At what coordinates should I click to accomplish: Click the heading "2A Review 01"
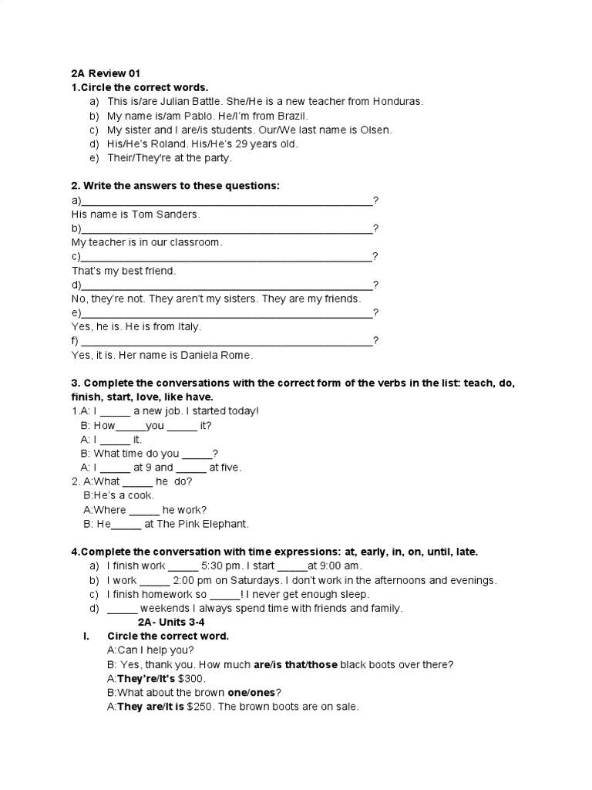[106, 73]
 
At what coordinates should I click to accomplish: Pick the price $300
[191, 678]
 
